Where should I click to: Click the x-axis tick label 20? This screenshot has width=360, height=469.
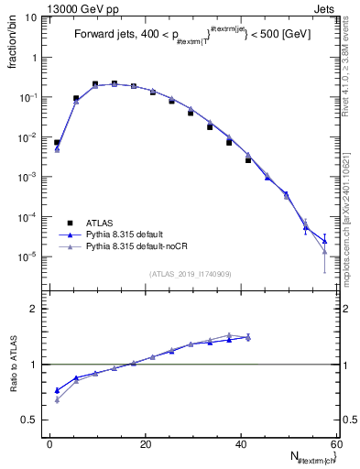click(146, 443)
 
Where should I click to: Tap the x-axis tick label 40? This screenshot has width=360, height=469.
click(241, 443)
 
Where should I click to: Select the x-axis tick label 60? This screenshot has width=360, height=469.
click(335, 443)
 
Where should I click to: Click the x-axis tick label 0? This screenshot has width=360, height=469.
click(50, 443)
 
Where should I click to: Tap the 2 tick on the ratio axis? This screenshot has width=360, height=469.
click(34, 309)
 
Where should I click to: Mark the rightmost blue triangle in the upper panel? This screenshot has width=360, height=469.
click(324, 241)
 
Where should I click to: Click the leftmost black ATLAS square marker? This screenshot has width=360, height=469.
click(57, 143)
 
